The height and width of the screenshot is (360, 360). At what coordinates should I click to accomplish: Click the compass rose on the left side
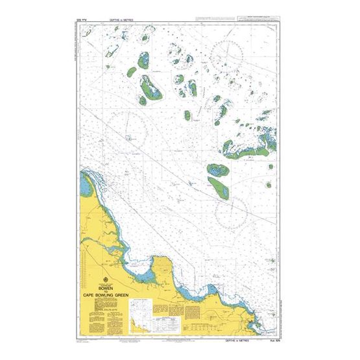tap(126, 126)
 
